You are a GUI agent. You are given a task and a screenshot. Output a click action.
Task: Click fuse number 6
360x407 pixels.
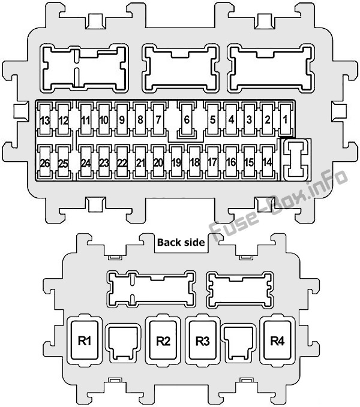187,120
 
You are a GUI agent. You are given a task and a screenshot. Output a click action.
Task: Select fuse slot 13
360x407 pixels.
45,120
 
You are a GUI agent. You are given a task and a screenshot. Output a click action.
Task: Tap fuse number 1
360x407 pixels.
286,120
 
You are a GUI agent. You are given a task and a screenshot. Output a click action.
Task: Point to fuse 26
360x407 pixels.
45,163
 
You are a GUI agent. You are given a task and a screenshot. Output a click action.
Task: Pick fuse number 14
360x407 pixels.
267,163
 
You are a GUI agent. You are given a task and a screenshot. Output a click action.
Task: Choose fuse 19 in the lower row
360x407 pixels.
176,163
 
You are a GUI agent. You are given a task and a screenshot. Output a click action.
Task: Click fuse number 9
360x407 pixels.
122,120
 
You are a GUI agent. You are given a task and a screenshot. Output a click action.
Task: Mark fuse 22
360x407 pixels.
122,163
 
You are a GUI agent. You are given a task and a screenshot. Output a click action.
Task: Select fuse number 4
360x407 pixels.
231,120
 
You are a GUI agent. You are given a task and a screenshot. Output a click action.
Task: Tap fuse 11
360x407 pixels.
85,120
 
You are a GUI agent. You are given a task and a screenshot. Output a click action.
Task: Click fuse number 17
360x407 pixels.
213,163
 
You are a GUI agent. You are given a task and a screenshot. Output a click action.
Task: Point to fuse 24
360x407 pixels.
85,163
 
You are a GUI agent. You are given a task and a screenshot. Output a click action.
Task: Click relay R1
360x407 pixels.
85,340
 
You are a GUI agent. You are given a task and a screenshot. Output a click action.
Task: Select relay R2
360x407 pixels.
163,340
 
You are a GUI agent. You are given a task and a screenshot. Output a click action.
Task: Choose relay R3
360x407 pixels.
202,340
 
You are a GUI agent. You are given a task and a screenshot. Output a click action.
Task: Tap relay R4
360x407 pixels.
277,340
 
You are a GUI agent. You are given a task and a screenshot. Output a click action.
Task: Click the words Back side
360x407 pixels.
181,242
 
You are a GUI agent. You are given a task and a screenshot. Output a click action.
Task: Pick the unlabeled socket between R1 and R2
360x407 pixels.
123,343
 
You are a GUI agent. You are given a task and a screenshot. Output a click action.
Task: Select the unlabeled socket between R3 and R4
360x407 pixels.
239,343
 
